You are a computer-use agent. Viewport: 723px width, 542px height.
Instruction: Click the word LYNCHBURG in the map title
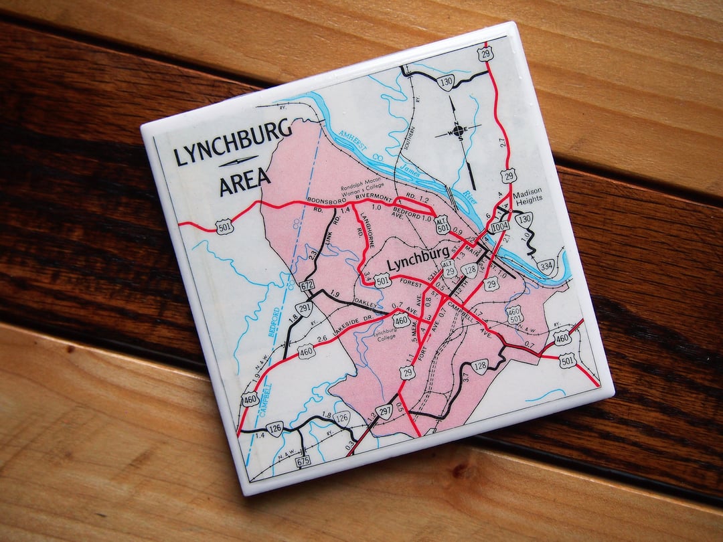tap(232, 143)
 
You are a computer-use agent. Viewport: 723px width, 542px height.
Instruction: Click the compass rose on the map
tap(459, 130)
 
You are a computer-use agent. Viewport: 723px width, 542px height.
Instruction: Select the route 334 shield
tap(546, 266)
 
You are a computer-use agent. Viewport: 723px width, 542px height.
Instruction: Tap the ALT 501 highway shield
tap(441, 225)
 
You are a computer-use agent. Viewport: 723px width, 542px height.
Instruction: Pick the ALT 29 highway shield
tap(449, 269)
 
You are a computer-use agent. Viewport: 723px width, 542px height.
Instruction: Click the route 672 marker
tap(307, 286)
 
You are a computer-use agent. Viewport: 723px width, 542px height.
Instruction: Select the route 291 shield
tap(303, 308)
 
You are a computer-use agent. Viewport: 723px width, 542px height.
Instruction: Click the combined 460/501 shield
tap(514, 314)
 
